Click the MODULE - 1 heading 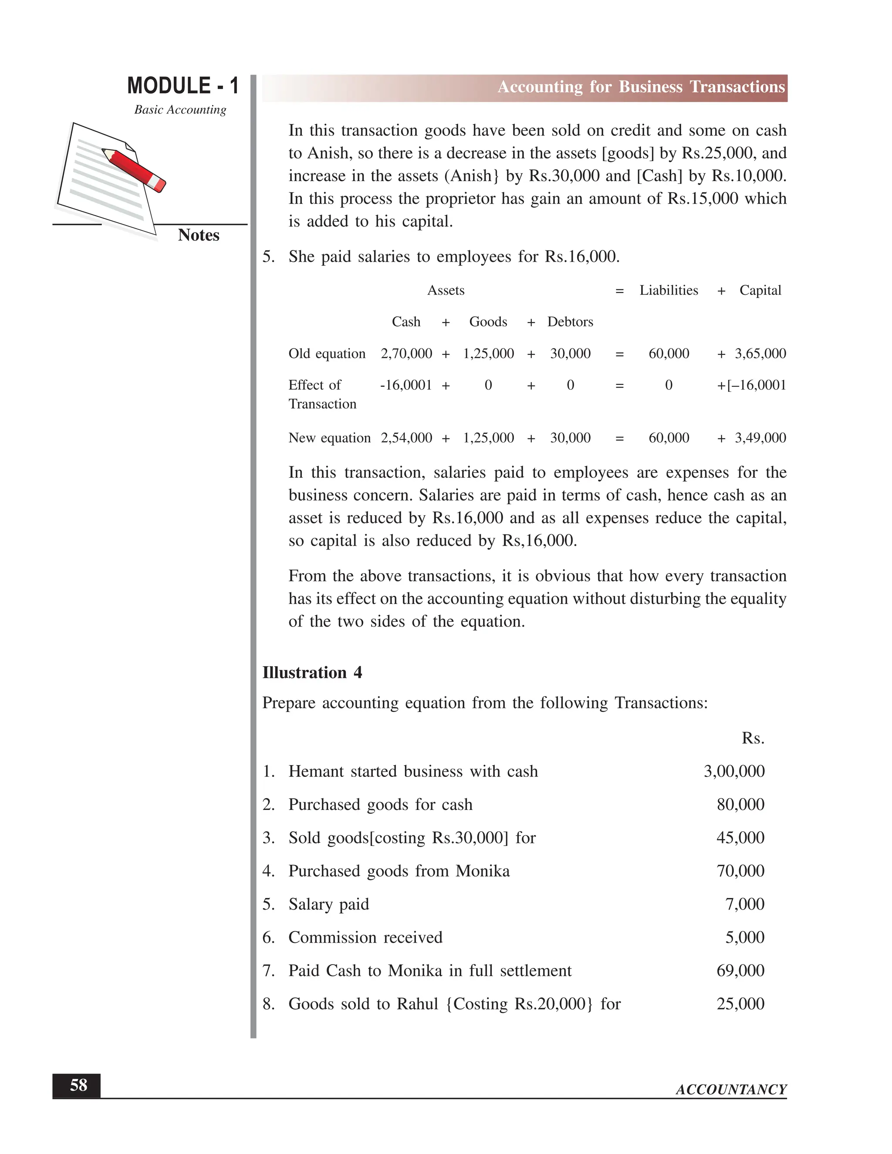pyautogui.click(x=183, y=86)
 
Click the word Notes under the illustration pyautogui.click(x=198, y=235)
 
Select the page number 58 pyautogui.click(x=78, y=1085)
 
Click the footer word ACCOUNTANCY pyautogui.click(x=731, y=1090)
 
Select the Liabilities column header pyautogui.click(x=669, y=290)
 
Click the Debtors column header pyautogui.click(x=570, y=322)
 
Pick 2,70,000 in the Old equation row pyautogui.click(x=406, y=354)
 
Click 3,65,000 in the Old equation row pyautogui.click(x=760, y=354)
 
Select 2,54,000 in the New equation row pyautogui.click(x=406, y=438)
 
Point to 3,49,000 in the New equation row pyautogui.click(x=760, y=438)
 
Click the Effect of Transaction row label pyautogui.click(x=322, y=394)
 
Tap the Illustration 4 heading pyautogui.click(x=312, y=673)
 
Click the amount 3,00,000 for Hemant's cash pyautogui.click(x=733, y=772)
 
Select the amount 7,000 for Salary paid pyautogui.click(x=744, y=904)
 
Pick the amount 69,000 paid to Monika pyautogui.click(x=740, y=971)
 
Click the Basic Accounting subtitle pyautogui.click(x=180, y=110)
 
